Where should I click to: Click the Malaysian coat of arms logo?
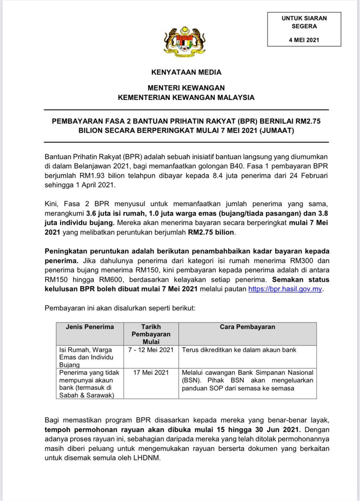coord(185,40)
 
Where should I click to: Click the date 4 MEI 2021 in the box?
coord(304,40)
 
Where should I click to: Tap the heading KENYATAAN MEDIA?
coord(186,72)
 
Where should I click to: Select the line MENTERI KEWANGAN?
coord(186,88)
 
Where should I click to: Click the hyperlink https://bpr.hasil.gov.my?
coord(285,289)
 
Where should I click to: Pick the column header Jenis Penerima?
coord(90,327)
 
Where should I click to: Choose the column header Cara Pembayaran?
coord(247,327)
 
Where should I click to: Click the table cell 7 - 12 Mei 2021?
coord(151,350)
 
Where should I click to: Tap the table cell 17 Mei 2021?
coord(151,373)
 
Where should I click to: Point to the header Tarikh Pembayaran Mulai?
coord(151,334)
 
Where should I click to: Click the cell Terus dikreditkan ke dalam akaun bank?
coord(239,350)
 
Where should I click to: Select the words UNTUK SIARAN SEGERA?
coord(304,22)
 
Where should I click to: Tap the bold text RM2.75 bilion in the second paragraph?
coord(212,232)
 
